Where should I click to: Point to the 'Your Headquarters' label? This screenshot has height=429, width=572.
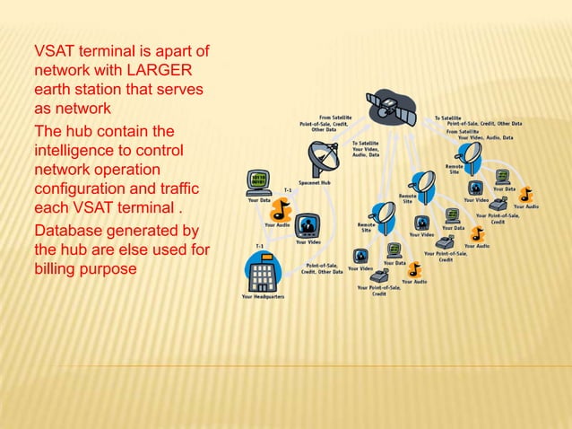point(263,297)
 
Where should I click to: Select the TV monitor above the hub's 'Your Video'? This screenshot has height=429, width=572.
point(307,224)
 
